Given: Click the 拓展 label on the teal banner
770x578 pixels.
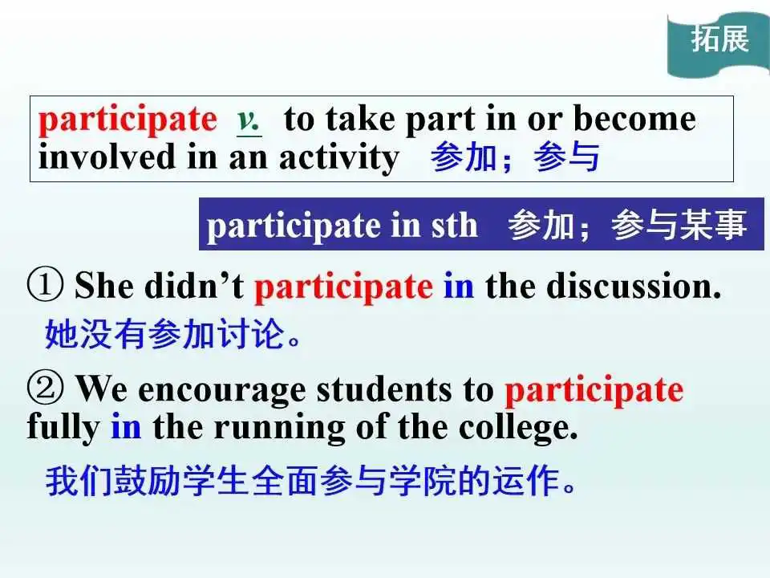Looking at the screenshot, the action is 720,39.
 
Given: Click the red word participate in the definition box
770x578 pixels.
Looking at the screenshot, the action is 128,120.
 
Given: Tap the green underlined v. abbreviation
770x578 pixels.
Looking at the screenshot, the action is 249,120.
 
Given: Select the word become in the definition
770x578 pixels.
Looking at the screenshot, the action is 634,119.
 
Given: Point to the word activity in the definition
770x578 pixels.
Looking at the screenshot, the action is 339,158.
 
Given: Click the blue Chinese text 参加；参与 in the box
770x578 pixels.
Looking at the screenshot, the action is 515,157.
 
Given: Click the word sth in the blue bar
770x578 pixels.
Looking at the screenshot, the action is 454,226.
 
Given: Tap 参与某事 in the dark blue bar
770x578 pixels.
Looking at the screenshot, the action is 679,225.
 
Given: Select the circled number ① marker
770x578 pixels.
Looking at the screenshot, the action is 45,284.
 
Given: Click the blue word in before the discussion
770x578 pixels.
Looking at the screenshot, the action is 459,286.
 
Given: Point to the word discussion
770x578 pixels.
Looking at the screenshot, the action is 634,285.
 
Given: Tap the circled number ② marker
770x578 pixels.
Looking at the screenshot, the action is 45,389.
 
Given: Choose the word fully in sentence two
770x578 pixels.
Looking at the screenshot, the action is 63,428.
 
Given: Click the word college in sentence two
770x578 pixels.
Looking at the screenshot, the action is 518,429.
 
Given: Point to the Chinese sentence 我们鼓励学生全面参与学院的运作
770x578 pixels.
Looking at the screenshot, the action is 311,480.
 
